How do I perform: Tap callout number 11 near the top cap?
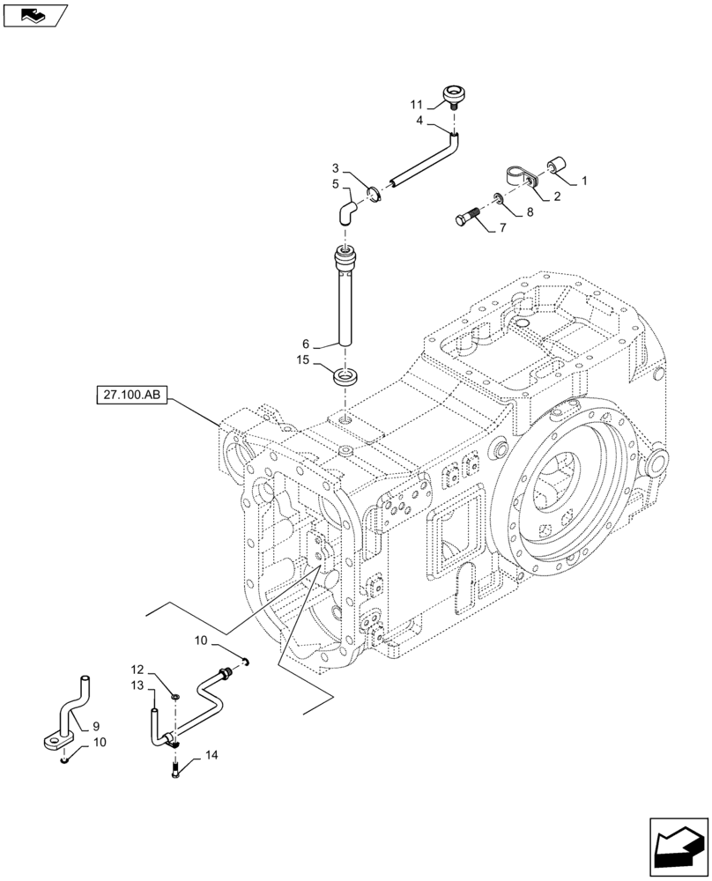[x=416, y=104]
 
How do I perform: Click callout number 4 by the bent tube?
[x=420, y=120]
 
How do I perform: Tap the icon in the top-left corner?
[x=34, y=14]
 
